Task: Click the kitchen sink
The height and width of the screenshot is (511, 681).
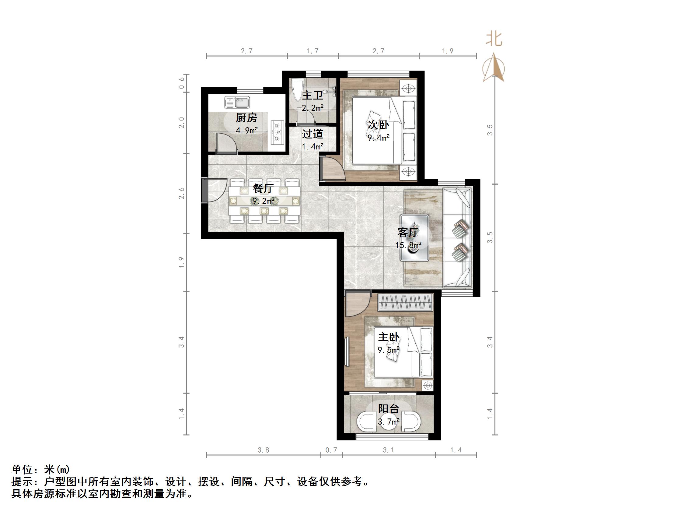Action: [237, 102]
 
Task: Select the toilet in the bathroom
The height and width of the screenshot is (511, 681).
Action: [298, 90]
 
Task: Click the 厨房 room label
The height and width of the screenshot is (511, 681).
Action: [246, 118]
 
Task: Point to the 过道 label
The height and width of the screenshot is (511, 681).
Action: [313, 134]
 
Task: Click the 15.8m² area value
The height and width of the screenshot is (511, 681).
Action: [408, 245]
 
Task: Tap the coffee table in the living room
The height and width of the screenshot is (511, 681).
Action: [414, 237]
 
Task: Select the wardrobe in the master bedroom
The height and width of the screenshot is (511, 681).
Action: [405, 302]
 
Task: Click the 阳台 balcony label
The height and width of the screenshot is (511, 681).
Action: [389, 409]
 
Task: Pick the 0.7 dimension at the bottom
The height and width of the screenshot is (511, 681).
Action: [331, 450]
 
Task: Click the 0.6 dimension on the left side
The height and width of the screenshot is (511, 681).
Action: [182, 83]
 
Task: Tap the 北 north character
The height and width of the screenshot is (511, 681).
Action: [494, 39]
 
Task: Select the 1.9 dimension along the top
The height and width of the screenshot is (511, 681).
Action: [448, 51]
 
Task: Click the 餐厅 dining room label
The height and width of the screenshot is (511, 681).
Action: [263, 188]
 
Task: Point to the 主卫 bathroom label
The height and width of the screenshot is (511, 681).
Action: [313, 96]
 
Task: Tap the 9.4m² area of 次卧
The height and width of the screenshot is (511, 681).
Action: [378, 137]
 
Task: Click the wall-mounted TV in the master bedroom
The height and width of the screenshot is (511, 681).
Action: [347, 352]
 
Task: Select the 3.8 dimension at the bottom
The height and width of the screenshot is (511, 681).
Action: [263, 450]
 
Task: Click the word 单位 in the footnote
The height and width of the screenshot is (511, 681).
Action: [22, 469]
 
